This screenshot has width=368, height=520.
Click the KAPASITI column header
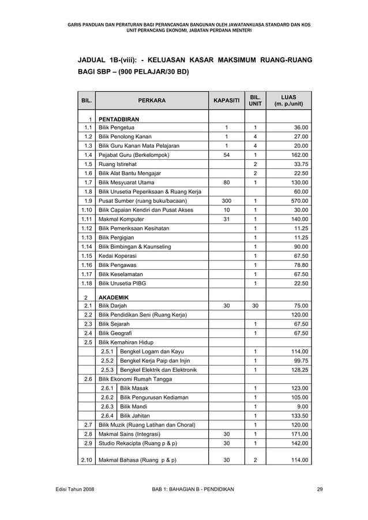[227, 100]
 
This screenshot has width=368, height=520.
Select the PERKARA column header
[152, 100]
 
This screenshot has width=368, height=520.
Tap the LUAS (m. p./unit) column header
[289, 100]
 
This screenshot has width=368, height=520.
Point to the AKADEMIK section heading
[113, 297]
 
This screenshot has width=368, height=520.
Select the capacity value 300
[226, 201]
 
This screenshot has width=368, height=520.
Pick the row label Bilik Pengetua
[117, 128]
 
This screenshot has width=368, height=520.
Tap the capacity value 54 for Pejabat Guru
[226, 155]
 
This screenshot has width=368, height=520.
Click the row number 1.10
[87, 209]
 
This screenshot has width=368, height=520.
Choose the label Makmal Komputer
[121, 220]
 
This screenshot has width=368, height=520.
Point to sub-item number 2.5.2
[107, 360]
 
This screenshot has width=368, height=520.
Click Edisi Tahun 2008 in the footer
[72, 489]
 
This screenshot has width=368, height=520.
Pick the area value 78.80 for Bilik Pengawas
[299, 265]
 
